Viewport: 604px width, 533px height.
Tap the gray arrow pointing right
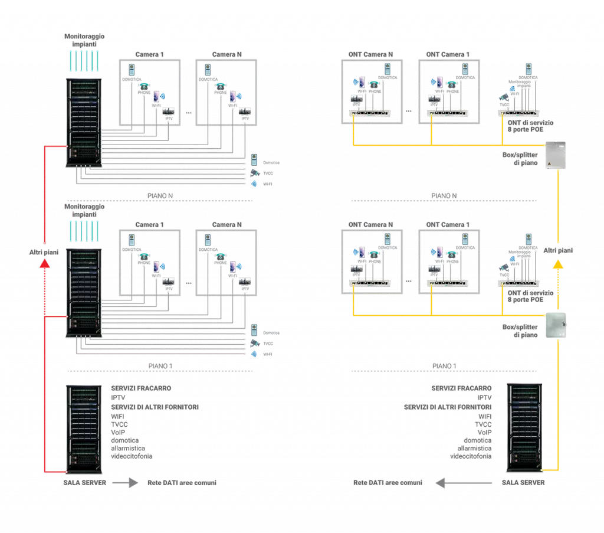[x=126, y=483]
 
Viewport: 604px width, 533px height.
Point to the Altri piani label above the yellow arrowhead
[x=557, y=250]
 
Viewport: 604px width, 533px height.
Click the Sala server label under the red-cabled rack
[x=84, y=482]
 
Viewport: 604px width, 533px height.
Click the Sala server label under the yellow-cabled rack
[x=523, y=482]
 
